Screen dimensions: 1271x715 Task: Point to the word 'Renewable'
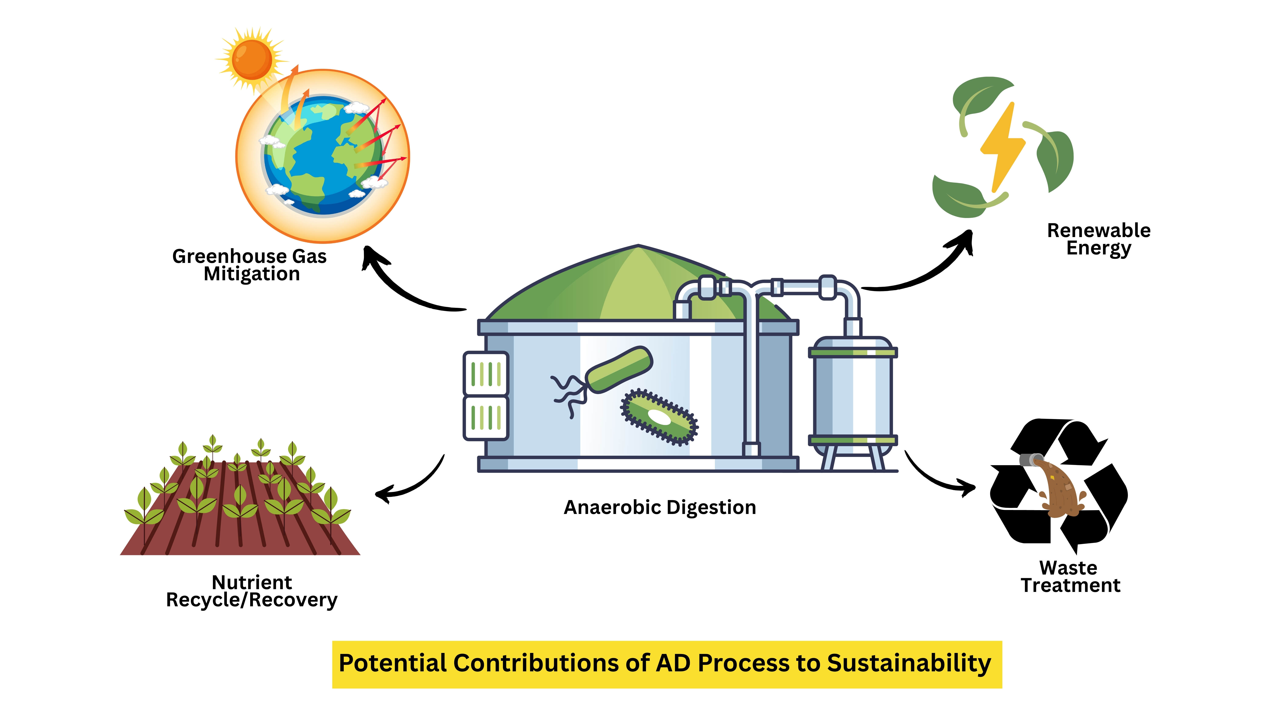click(x=1099, y=230)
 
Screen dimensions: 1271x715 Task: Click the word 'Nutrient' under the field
click(x=252, y=583)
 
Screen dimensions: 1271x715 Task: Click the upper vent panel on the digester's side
click(x=486, y=373)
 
